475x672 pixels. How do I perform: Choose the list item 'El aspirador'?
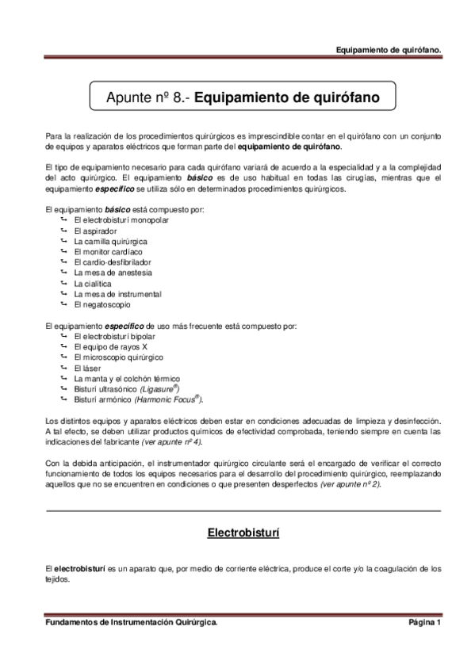94,230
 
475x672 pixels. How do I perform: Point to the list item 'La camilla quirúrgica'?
109,241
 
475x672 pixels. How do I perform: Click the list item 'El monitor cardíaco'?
108,251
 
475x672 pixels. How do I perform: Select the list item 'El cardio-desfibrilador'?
112,262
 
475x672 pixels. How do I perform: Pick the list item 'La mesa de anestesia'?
107,273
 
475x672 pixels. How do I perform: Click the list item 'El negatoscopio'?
102,304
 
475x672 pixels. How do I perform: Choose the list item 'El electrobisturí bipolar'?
114,336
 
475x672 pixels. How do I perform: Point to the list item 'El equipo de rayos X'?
110,346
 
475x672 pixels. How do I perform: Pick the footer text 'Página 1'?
424,623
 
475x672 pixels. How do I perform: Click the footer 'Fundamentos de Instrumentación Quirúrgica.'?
132,623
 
